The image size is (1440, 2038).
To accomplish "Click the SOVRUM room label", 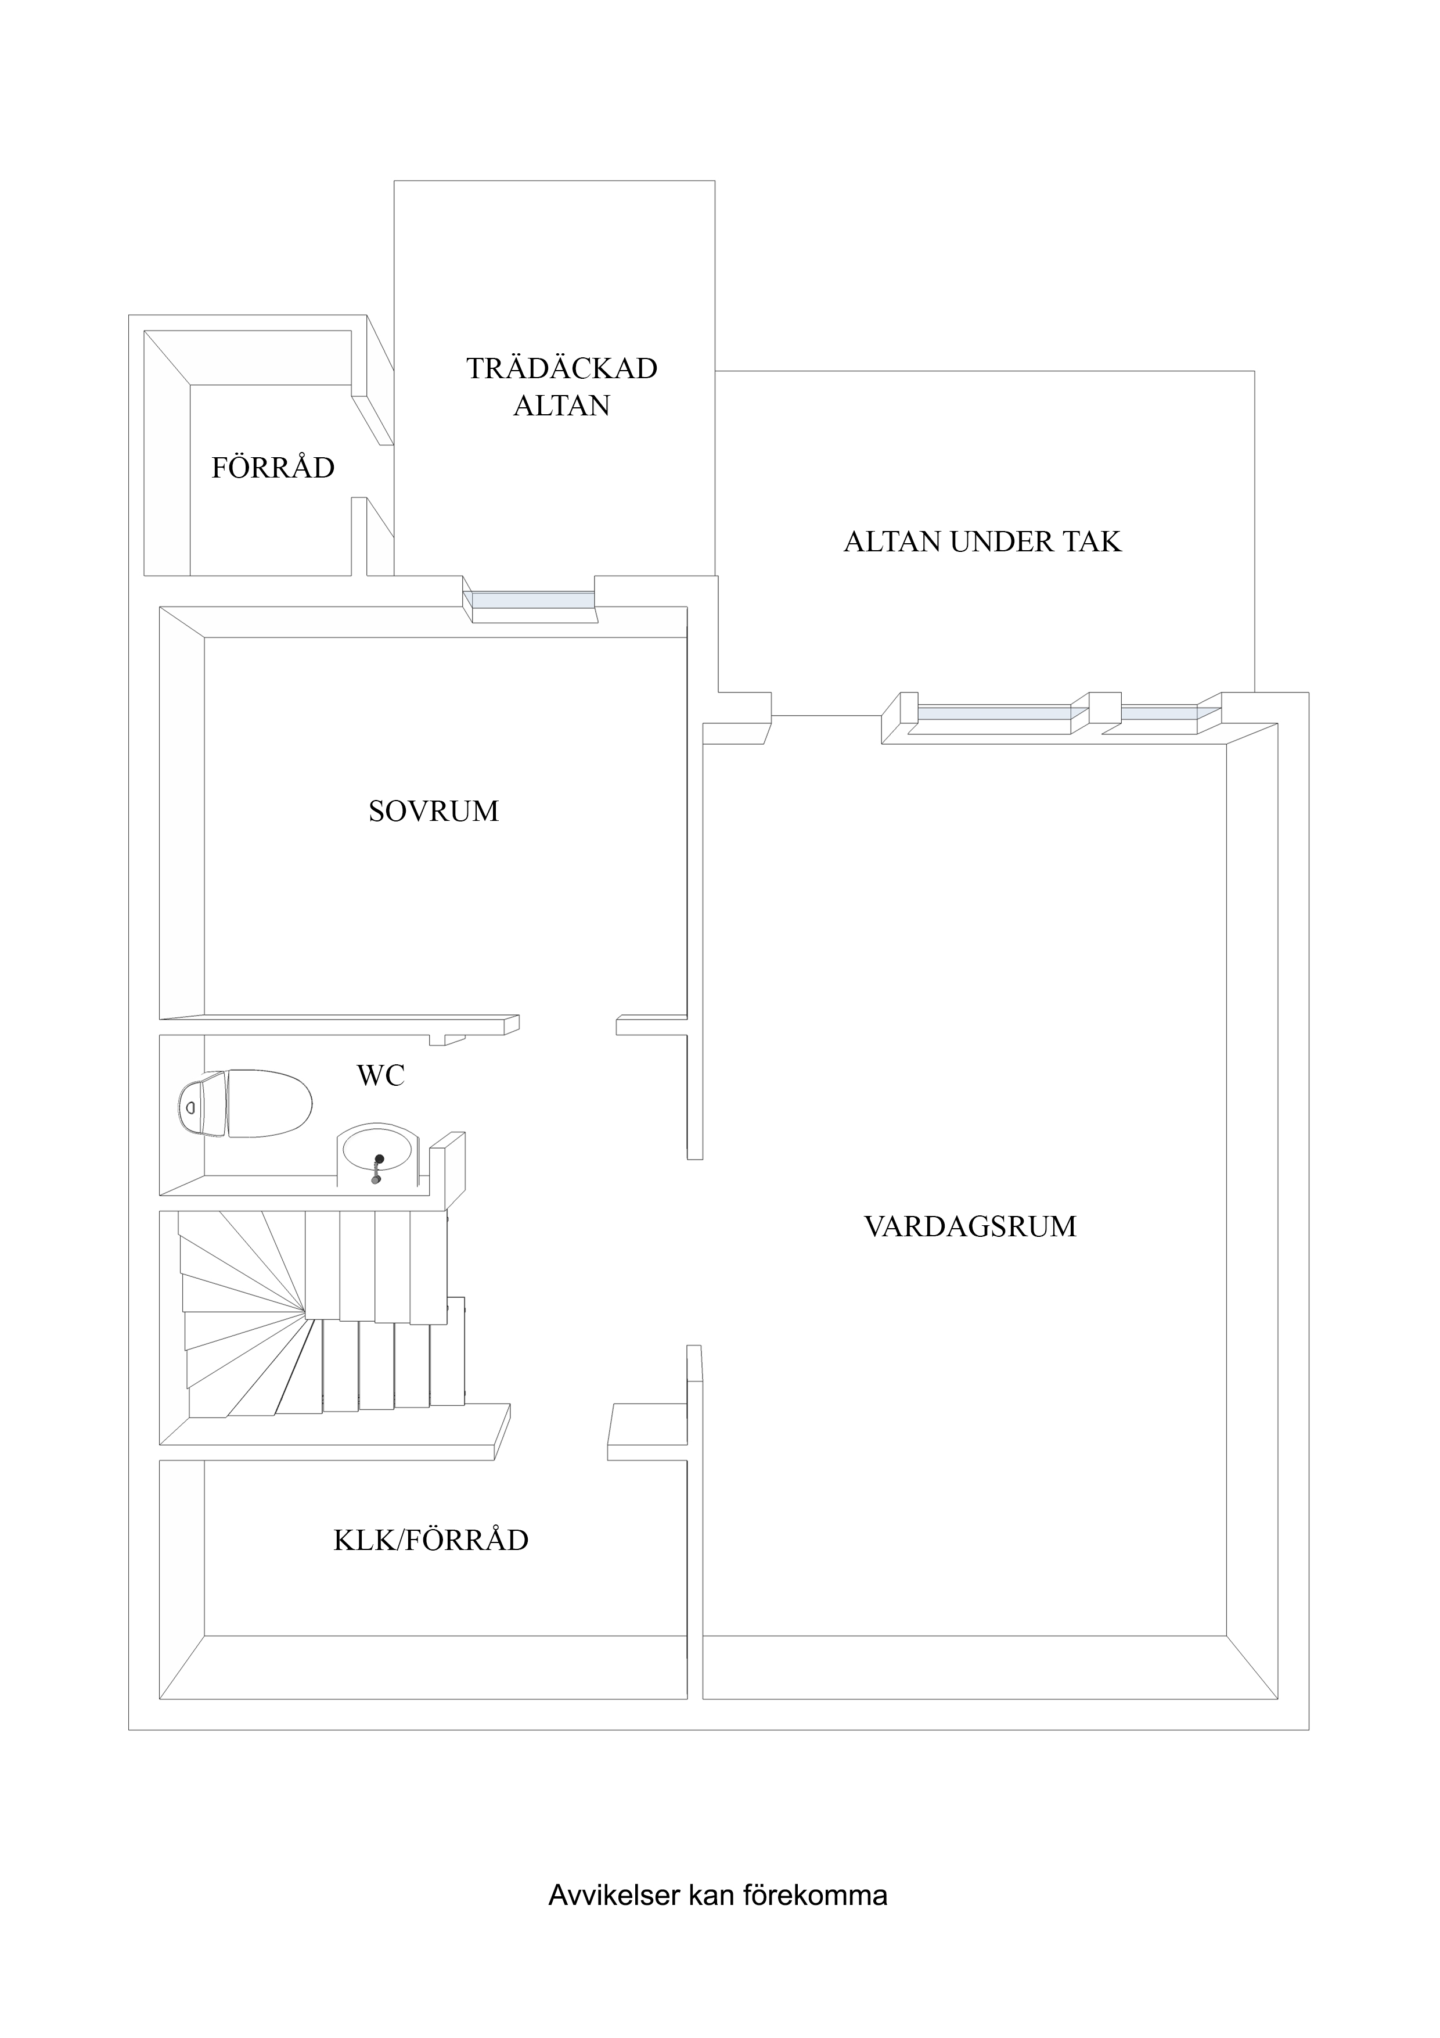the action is click(x=433, y=811).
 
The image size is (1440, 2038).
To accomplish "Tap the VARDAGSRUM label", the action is click(x=970, y=1227).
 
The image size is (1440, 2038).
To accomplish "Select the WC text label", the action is click(x=381, y=1076).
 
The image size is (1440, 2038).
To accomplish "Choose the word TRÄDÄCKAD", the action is click(x=561, y=368).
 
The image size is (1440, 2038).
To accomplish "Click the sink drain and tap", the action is click(x=379, y=1167).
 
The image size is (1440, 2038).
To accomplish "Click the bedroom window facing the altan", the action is click(x=532, y=601).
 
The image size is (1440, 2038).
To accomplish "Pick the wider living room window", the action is click(x=993, y=712).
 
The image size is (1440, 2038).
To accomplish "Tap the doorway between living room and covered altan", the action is click(x=825, y=715).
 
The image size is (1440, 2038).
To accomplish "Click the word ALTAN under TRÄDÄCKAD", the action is click(x=561, y=406).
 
